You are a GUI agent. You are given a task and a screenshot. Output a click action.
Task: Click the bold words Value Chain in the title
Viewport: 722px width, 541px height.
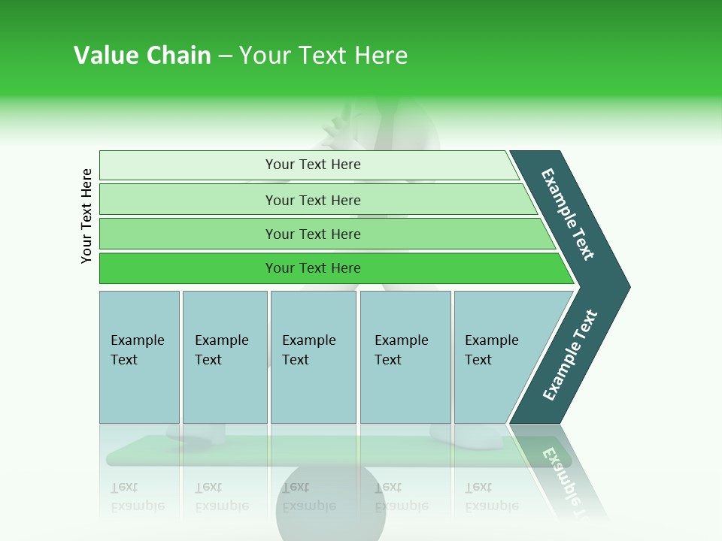tap(142, 56)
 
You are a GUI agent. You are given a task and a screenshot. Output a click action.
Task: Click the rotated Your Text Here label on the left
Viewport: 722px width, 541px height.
tap(86, 216)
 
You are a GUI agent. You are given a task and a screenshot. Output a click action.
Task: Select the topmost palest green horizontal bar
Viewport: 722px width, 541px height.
tap(188, 165)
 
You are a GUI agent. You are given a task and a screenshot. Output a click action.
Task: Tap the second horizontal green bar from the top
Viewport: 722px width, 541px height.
tap(188, 200)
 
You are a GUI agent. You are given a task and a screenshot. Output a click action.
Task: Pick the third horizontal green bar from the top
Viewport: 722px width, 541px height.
tap(188, 234)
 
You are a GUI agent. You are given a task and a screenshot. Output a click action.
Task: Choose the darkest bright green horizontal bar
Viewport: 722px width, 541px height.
tap(188, 268)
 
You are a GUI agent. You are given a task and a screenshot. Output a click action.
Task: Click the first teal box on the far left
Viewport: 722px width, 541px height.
tap(139, 391)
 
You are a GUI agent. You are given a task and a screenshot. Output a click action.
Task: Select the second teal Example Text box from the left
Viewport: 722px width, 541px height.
tap(225, 391)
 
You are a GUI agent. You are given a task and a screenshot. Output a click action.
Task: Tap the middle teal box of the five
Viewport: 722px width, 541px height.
tap(313, 391)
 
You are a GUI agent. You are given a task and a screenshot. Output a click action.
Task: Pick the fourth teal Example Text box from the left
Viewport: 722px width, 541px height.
tap(405, 391)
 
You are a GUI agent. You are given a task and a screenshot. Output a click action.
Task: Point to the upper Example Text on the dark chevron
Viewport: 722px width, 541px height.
tap(568, 214)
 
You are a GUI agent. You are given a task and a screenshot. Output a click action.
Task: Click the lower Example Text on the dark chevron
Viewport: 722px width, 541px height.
tap(570, 355)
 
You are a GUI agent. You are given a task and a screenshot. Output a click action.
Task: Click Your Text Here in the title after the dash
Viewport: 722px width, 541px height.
tap(323, 56)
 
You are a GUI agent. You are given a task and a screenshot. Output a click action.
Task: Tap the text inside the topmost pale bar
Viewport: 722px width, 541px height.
tap(313, 165)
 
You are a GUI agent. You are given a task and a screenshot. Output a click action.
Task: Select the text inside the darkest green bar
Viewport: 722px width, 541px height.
tap(313, 268)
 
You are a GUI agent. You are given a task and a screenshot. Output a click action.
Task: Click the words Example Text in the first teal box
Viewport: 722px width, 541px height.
tap(137, 350)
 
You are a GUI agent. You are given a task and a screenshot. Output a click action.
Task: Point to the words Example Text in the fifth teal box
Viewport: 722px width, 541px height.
tap(491, 350)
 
